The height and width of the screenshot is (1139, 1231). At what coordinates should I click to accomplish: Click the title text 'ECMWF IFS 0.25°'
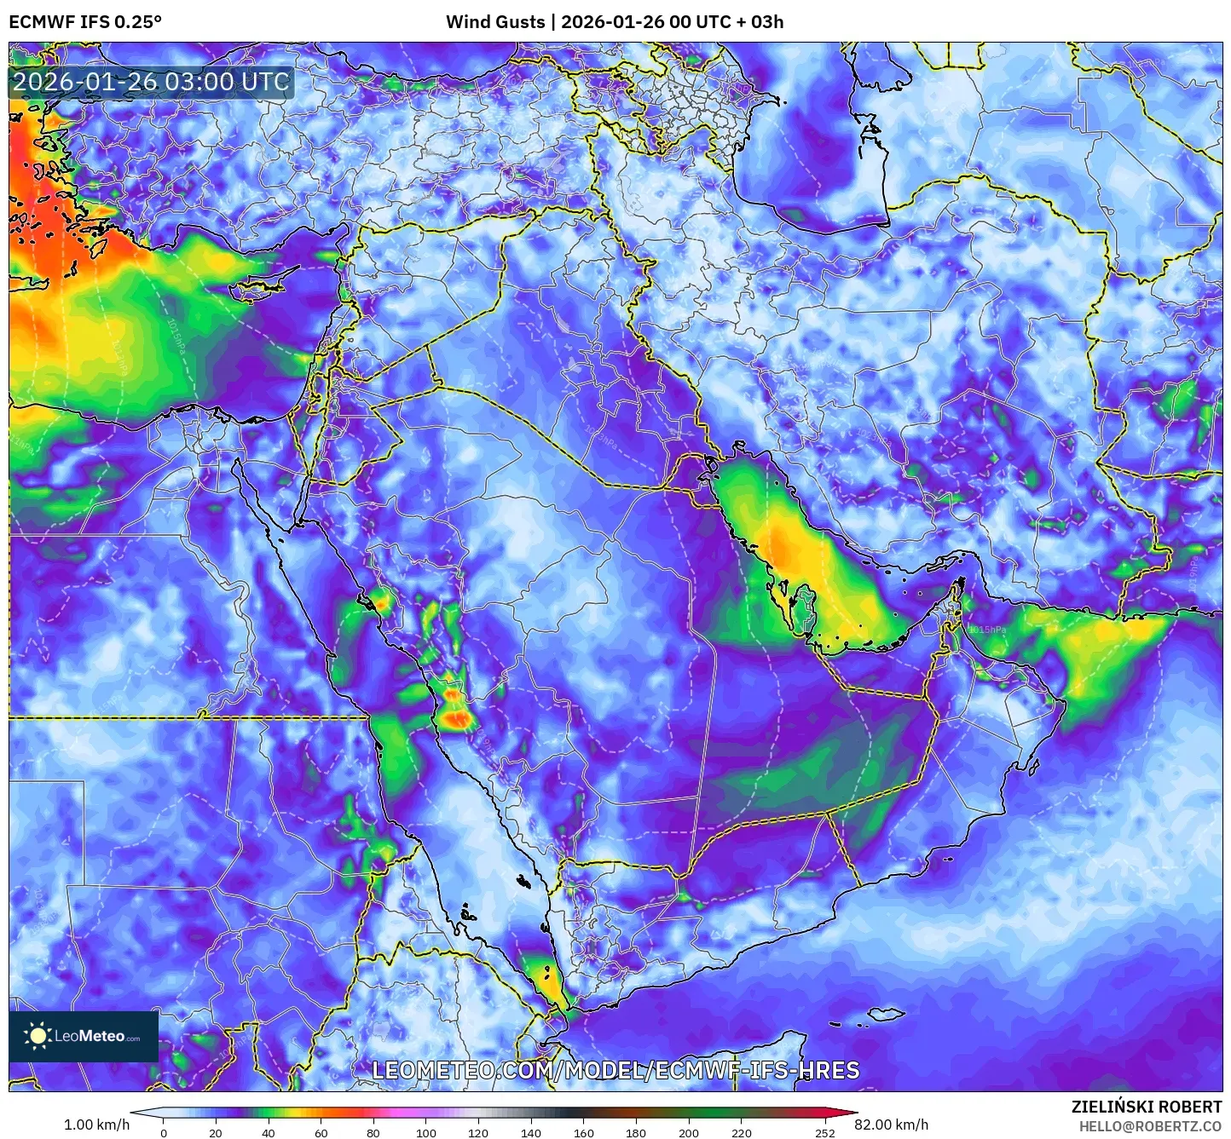(85, 22)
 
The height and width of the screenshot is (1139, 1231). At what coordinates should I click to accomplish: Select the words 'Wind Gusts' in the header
(495, 22)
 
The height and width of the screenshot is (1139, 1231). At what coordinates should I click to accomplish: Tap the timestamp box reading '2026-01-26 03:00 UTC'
(152, 82)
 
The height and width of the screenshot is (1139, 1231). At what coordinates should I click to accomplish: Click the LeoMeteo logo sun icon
(38, 1036)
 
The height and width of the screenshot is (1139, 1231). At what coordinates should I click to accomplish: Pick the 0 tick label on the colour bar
(164, 1133)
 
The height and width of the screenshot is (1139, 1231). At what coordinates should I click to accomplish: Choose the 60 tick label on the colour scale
(321, 1133)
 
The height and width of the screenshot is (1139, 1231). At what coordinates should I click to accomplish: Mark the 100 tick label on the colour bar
(425, 1133)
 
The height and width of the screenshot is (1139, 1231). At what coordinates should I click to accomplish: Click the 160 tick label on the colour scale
(583, 1133)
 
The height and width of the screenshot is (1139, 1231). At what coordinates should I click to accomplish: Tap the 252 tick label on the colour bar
(824, 1133)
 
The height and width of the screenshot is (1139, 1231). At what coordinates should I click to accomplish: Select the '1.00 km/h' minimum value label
(96, 1125)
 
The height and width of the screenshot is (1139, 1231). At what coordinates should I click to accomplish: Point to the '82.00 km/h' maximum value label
(891, 1125)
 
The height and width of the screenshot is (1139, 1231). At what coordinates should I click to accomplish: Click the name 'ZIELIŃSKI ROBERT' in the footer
(1147, 1107)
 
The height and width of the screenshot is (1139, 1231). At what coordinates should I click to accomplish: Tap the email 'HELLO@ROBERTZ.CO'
(1150, 1126)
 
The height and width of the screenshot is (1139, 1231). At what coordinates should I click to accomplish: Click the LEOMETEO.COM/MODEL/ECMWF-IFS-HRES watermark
(615, 1070)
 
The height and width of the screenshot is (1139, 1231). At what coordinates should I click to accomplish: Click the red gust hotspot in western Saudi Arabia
(458, 720)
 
